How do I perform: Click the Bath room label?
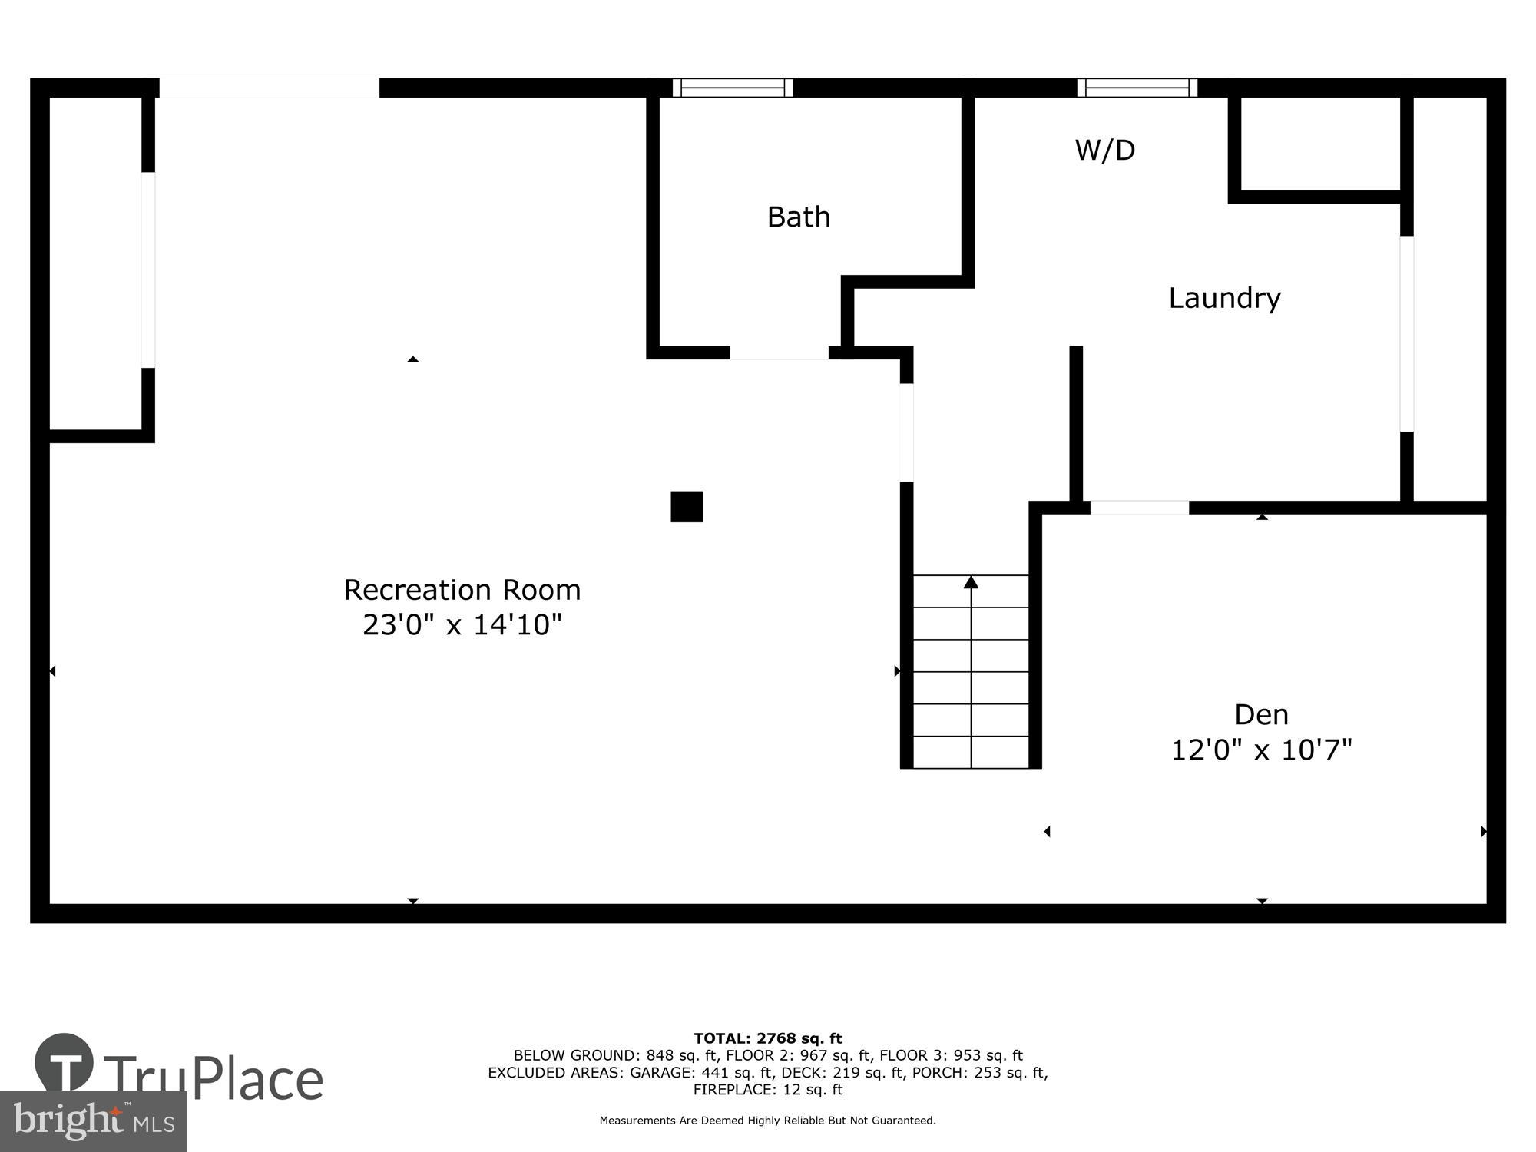(799, 217)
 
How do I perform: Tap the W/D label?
(1104, 150)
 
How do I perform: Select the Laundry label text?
(1224, 298)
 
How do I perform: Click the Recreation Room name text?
(462, 590)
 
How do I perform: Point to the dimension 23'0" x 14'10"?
(462, 624)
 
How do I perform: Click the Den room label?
(1261, 715)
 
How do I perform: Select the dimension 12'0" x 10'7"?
(1261, 750)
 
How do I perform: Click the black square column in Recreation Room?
(687, 507)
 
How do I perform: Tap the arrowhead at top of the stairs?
(971, 582)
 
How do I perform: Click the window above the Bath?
(733, 88)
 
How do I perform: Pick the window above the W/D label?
(1137, 88)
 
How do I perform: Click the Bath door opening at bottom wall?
(779, 353)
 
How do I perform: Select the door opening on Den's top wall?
(1139, 508)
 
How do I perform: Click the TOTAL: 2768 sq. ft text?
(768, 1039)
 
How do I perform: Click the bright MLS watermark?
(94, 1121)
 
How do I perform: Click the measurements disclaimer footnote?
(768, 1121)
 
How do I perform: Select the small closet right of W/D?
(1320, 144)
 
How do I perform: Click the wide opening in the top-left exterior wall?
(269, 88)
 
